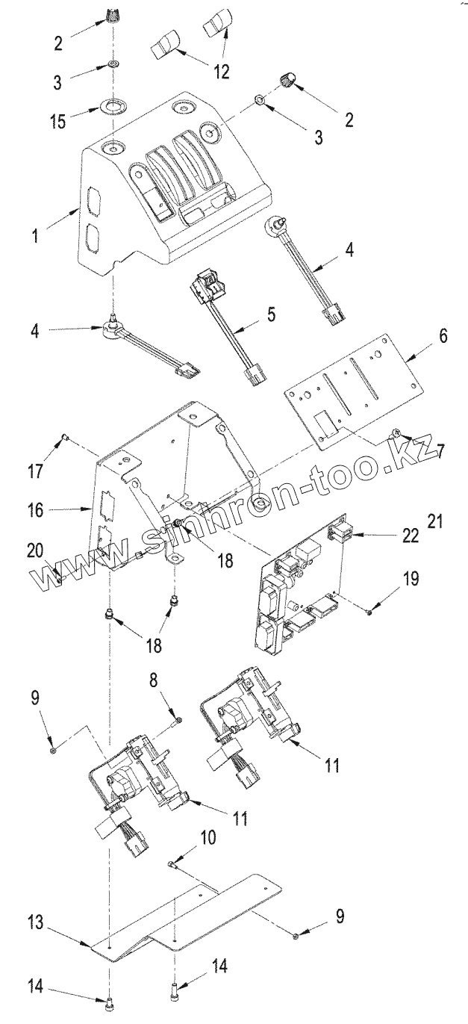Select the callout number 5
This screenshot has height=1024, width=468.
point(271,314)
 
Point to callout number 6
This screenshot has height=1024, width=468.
point(443,336)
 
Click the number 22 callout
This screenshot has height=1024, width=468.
point(410,535)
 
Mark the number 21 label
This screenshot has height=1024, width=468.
point(435,521)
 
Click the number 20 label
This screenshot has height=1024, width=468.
point(34,550)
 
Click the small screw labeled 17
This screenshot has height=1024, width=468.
point(66,438)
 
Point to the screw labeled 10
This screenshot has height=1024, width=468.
point(172,864)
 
